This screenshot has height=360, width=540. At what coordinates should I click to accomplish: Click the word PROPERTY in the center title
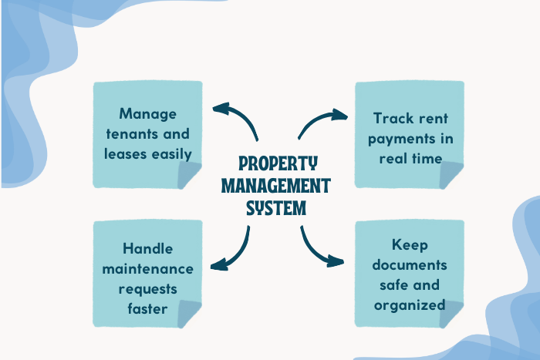pyautogui.click(x=277, y=164)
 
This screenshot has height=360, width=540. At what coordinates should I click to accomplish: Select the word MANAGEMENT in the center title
pyautogui.click(x=277, y=186)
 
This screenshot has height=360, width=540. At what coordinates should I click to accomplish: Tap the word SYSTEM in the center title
pyautogui.click(x=276, y=208)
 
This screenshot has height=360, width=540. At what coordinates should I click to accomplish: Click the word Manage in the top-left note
pyautogui.click(x=147, y=114)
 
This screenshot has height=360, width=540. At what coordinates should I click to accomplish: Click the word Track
pyautogui.click(x=391, y=119)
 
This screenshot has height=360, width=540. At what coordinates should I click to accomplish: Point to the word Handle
pyautogui.click(x=147, y=249)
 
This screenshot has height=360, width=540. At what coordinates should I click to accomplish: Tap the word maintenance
pyautogui.click(x=147, y=269)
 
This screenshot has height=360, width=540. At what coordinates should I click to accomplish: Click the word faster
pyautogui.click(x=147, y=308)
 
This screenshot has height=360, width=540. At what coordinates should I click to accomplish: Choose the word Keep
pyautogui.click(x=410, y=245)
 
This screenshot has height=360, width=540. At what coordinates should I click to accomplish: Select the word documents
pyautogui.click(x=410, y=265)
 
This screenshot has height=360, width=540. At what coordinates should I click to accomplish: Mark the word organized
pyautogui.click(x=410, y=304)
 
